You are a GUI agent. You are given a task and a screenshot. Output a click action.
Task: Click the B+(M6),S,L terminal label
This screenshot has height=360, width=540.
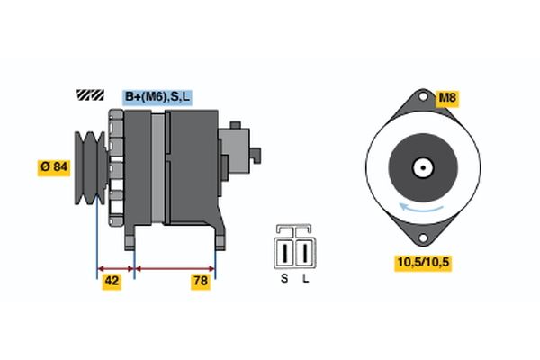pos(157,94)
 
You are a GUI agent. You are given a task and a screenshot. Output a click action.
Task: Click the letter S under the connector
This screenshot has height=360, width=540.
pos(284,279)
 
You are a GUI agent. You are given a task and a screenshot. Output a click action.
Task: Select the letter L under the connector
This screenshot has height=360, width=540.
pos(306,279)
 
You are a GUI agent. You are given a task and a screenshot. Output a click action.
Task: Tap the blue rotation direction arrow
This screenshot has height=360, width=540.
pos(422,207)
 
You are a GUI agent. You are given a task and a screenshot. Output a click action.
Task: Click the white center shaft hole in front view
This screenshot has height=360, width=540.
pos(420,167)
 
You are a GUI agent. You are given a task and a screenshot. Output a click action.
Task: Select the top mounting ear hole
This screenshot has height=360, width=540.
pos(420,98)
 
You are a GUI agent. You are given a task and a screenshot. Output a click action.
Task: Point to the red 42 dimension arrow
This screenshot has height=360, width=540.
pos(115,267)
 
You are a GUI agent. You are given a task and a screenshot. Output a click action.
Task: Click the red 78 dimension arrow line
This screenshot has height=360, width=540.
pos(175,267)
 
